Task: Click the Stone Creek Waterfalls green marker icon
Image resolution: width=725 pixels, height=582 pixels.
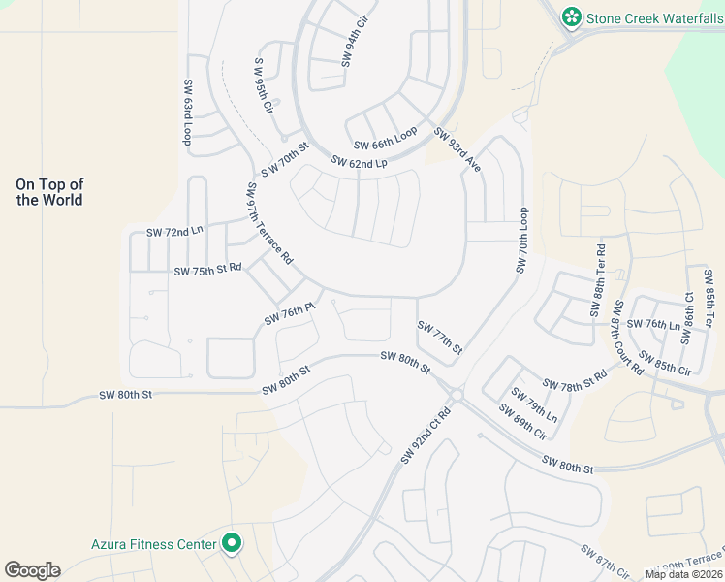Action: (x=572, y=16)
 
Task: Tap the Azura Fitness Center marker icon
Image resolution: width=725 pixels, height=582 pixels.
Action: (x=232, y=544)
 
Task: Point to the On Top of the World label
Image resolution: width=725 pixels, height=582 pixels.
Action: (x=49, y=192)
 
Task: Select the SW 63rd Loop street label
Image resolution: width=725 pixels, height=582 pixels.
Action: (x=187, y=113)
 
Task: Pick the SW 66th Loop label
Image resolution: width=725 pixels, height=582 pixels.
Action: (x=385, y=138)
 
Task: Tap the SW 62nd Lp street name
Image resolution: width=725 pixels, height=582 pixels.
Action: (x=359, y=163)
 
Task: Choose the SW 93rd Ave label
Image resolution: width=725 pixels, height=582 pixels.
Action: (x=457, y=149)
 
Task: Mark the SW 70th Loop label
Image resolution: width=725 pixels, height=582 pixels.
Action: (x=523, y=240)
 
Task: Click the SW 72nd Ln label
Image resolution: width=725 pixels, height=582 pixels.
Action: (x=174, y=233)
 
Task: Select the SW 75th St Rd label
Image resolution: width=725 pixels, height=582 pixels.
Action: (x=207, y=271)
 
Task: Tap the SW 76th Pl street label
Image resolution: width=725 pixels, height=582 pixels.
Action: (x=291, y=313)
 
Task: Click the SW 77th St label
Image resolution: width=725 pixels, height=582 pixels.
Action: (x=440, y=338)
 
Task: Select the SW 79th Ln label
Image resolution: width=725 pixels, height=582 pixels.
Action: (x=534, y=404)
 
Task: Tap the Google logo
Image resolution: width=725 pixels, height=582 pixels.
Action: (x=32, y=570)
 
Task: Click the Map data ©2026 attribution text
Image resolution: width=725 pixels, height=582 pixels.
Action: (x=682, y=574)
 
